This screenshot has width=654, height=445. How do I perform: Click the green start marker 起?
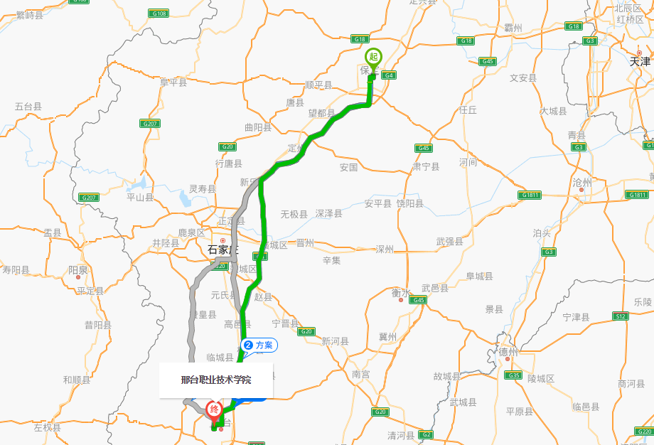click(x=372, y=57)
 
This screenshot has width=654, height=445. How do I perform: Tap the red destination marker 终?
click(x=213, y=409)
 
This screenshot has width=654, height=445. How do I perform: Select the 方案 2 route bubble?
click(x=259, y=345)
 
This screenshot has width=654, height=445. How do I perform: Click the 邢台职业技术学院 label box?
click(x=216, y=380)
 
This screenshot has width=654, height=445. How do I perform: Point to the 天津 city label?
click(x=640, y=62)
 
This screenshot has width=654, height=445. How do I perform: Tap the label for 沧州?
click(x=582, y=182)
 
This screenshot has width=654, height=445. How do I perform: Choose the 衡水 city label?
click(x=401, y=292)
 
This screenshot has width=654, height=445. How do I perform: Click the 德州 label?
click(x=508, y=351)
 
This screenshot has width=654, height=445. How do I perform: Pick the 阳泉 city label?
click(x=78, y=270)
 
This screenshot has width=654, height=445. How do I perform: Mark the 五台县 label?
click(x=28, y=107)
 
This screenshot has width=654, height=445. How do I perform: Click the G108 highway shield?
click(x=159, y=14)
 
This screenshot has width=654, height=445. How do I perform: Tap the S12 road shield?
click(x=621, y=316)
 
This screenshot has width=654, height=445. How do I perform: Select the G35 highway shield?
click(x=513, y=375)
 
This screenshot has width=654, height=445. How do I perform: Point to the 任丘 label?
click(x=468, y=109)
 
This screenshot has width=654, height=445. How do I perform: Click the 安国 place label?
click(x=348, y=168)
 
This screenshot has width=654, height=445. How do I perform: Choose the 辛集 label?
click(x=332, y=260)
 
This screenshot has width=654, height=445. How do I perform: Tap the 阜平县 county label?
click(x=173, y=82)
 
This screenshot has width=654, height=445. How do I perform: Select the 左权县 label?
click(x=48, y=428)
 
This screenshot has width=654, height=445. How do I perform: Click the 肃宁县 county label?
click(x=427, y=166)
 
